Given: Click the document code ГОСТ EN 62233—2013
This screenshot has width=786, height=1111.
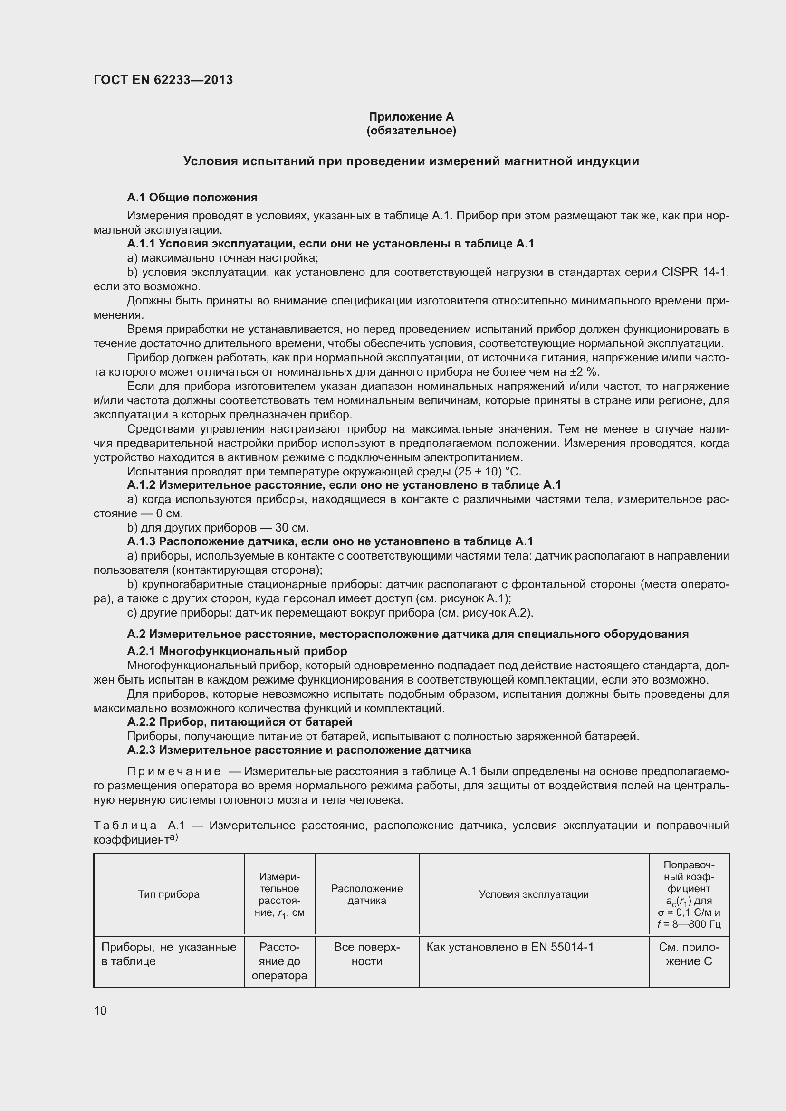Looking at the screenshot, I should [x=163, y=80].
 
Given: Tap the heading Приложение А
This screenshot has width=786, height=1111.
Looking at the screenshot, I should [x=411, y=117].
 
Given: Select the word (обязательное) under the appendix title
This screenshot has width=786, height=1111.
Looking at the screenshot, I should [x=411, y=131].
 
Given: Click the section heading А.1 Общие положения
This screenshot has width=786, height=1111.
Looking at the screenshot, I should [x=192, y=198].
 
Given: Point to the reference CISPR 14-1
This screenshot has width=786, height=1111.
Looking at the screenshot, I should [x=695, y=272].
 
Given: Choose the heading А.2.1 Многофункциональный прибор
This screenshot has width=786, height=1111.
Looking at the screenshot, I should [x=237, y=651].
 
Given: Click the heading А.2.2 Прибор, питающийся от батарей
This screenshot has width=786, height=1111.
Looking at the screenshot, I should [x=240, y=722].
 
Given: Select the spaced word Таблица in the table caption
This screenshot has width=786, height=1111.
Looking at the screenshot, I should [x=125, y=826].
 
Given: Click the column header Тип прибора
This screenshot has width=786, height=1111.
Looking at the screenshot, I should [x=169, y=894].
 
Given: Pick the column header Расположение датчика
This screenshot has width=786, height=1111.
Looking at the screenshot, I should [x=367, y=894].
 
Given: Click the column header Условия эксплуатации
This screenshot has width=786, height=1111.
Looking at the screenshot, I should [x=534, y=894].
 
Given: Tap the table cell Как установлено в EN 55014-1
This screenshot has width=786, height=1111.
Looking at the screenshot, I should [x=509, y=947].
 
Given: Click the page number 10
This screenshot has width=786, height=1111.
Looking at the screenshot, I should [x=100, y=1010].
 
